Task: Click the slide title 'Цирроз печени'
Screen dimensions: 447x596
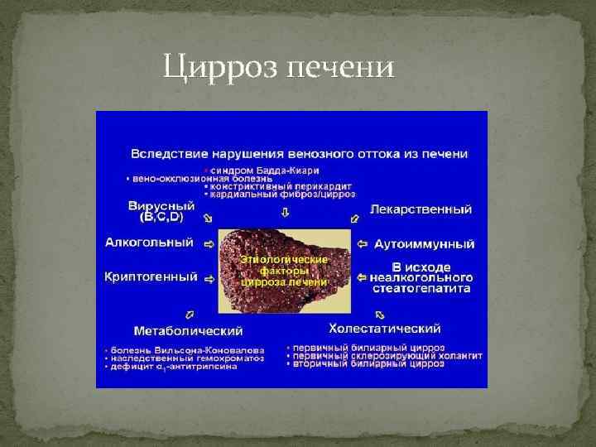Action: click(x=277, y=66)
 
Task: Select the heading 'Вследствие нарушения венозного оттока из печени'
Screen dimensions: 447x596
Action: click(x=299, y=154)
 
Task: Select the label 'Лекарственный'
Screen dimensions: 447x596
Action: click(x=421, y=209)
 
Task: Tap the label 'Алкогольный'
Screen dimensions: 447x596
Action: click(x=149, y=243)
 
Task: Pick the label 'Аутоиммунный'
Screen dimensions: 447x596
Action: click(x=424, y=244)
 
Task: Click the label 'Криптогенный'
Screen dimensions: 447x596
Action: click(x=151, y=276)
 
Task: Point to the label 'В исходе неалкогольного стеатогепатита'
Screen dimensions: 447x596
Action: click(x=421, y=278)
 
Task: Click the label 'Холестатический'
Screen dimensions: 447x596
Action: click(x=384, y=329)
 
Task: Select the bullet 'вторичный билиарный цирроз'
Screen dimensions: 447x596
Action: click(x=361, y=363)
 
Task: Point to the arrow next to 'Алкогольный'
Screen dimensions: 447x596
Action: click(x=208, y=244)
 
